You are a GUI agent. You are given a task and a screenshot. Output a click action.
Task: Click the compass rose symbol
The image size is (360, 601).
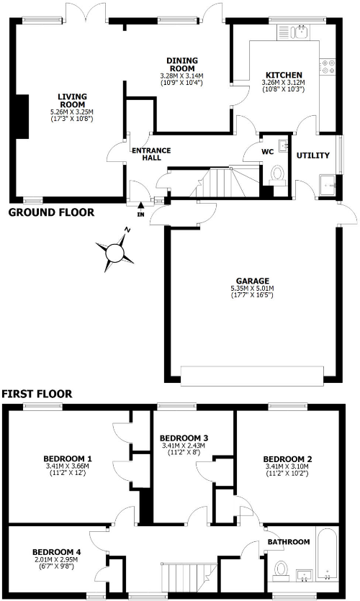pyautogui.click(x=115, y=252)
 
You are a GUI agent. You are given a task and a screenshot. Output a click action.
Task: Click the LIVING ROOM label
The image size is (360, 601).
pyautogui.click(x=72, y=100)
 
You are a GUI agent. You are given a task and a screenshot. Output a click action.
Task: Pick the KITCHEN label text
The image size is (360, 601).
pyautogui.click(x=283, y=75)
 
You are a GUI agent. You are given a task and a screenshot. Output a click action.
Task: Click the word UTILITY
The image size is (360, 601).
pyautogui.click(x=312, y=155)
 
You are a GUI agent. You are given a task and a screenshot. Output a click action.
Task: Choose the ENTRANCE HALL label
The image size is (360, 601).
pyautogui.click(x=150, y=154)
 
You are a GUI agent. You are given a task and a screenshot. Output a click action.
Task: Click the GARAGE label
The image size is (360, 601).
pyautogui.click(x=251, y=281)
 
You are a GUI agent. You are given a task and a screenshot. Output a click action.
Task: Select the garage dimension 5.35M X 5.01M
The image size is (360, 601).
pyautogui.click(x=251, y=289)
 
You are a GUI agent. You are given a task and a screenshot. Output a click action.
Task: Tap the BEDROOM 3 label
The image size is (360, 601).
pyautogui.click(x=184, y=438)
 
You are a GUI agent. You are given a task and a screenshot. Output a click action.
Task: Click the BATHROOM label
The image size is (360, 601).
pyautogui.click(x=288, y=542)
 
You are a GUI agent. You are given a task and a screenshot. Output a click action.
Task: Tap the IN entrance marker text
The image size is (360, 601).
pyautogui.click(x=141, y=214)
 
